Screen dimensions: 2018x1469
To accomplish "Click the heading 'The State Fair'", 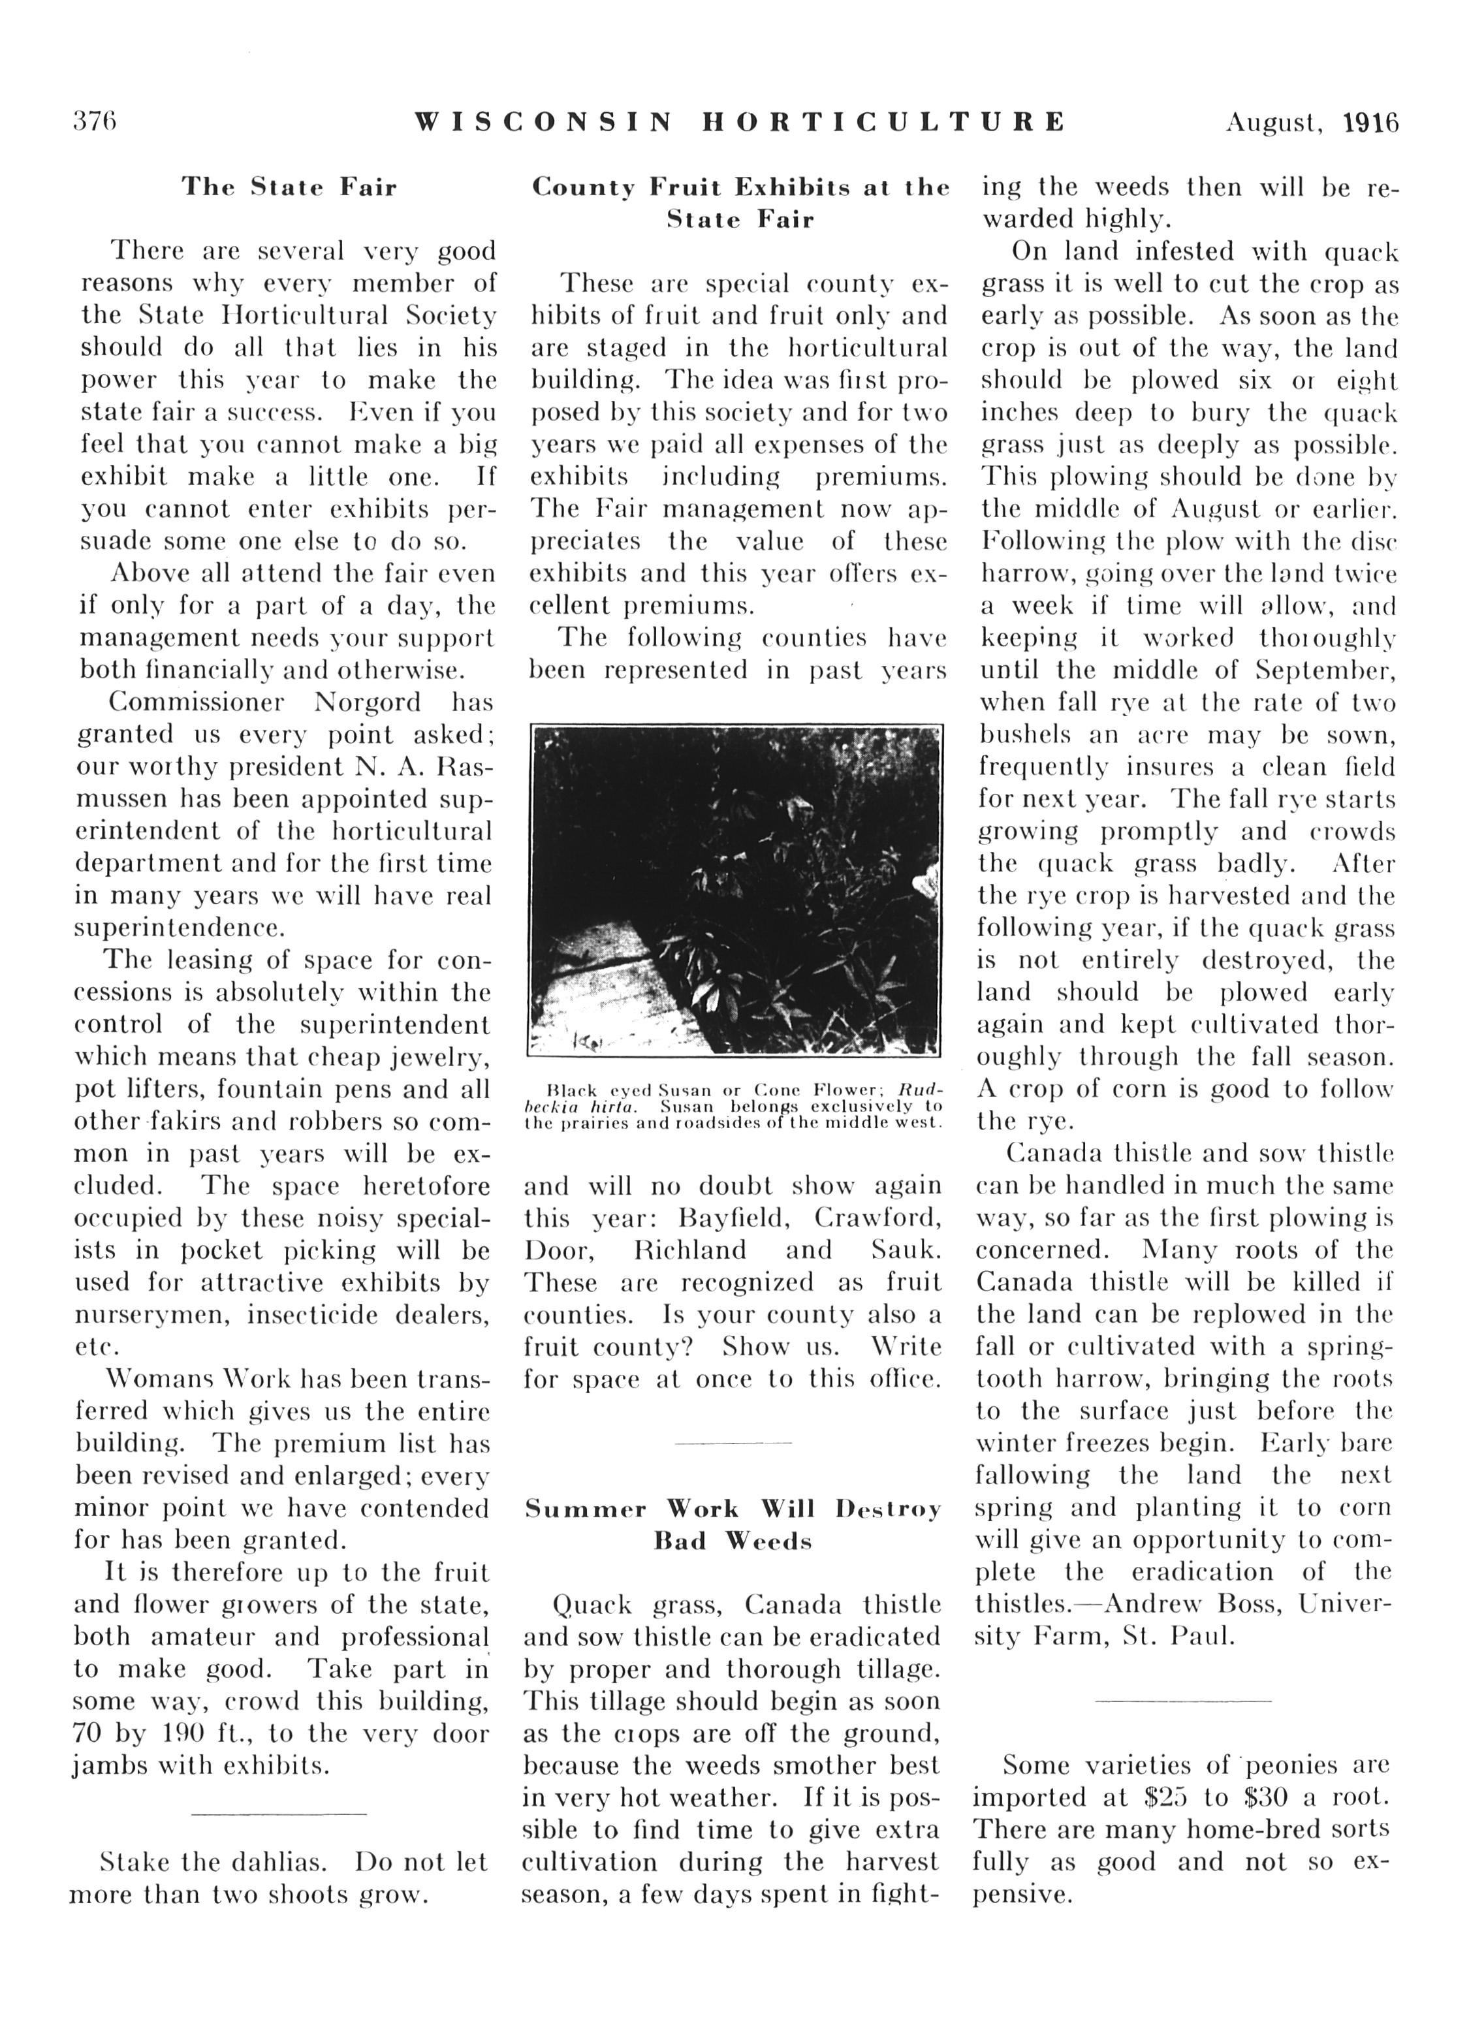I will tap(289, 188).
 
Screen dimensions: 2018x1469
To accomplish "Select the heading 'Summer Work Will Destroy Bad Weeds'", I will tap(733, 1524).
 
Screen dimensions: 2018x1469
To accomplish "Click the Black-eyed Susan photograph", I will tap(735, 890).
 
